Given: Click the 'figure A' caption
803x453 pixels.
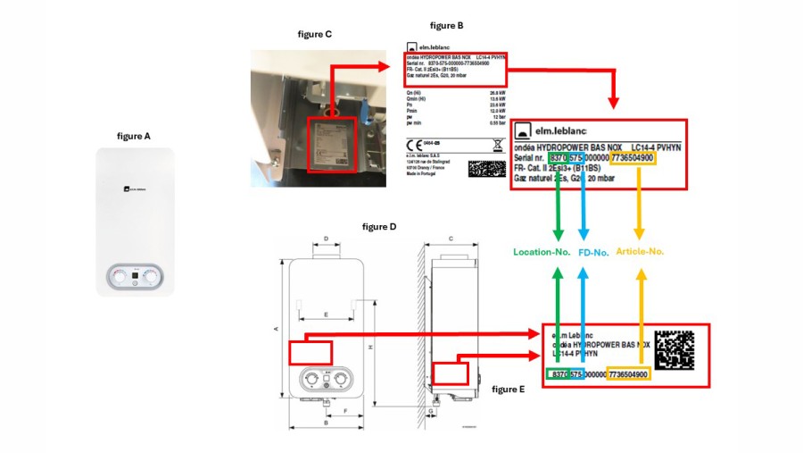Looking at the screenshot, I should (134, 136).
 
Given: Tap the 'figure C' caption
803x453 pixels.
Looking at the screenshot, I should (314, 34).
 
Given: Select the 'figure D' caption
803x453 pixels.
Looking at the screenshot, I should (379, 228).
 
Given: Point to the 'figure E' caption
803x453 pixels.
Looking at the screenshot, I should (509, 390).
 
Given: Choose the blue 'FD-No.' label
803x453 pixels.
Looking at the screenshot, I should (593, 253).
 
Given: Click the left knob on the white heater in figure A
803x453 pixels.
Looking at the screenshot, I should (119, 276).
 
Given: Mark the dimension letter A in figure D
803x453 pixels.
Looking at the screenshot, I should (277, 329).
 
